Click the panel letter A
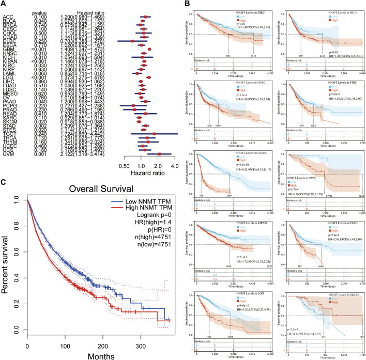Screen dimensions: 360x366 coord(4,4)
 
